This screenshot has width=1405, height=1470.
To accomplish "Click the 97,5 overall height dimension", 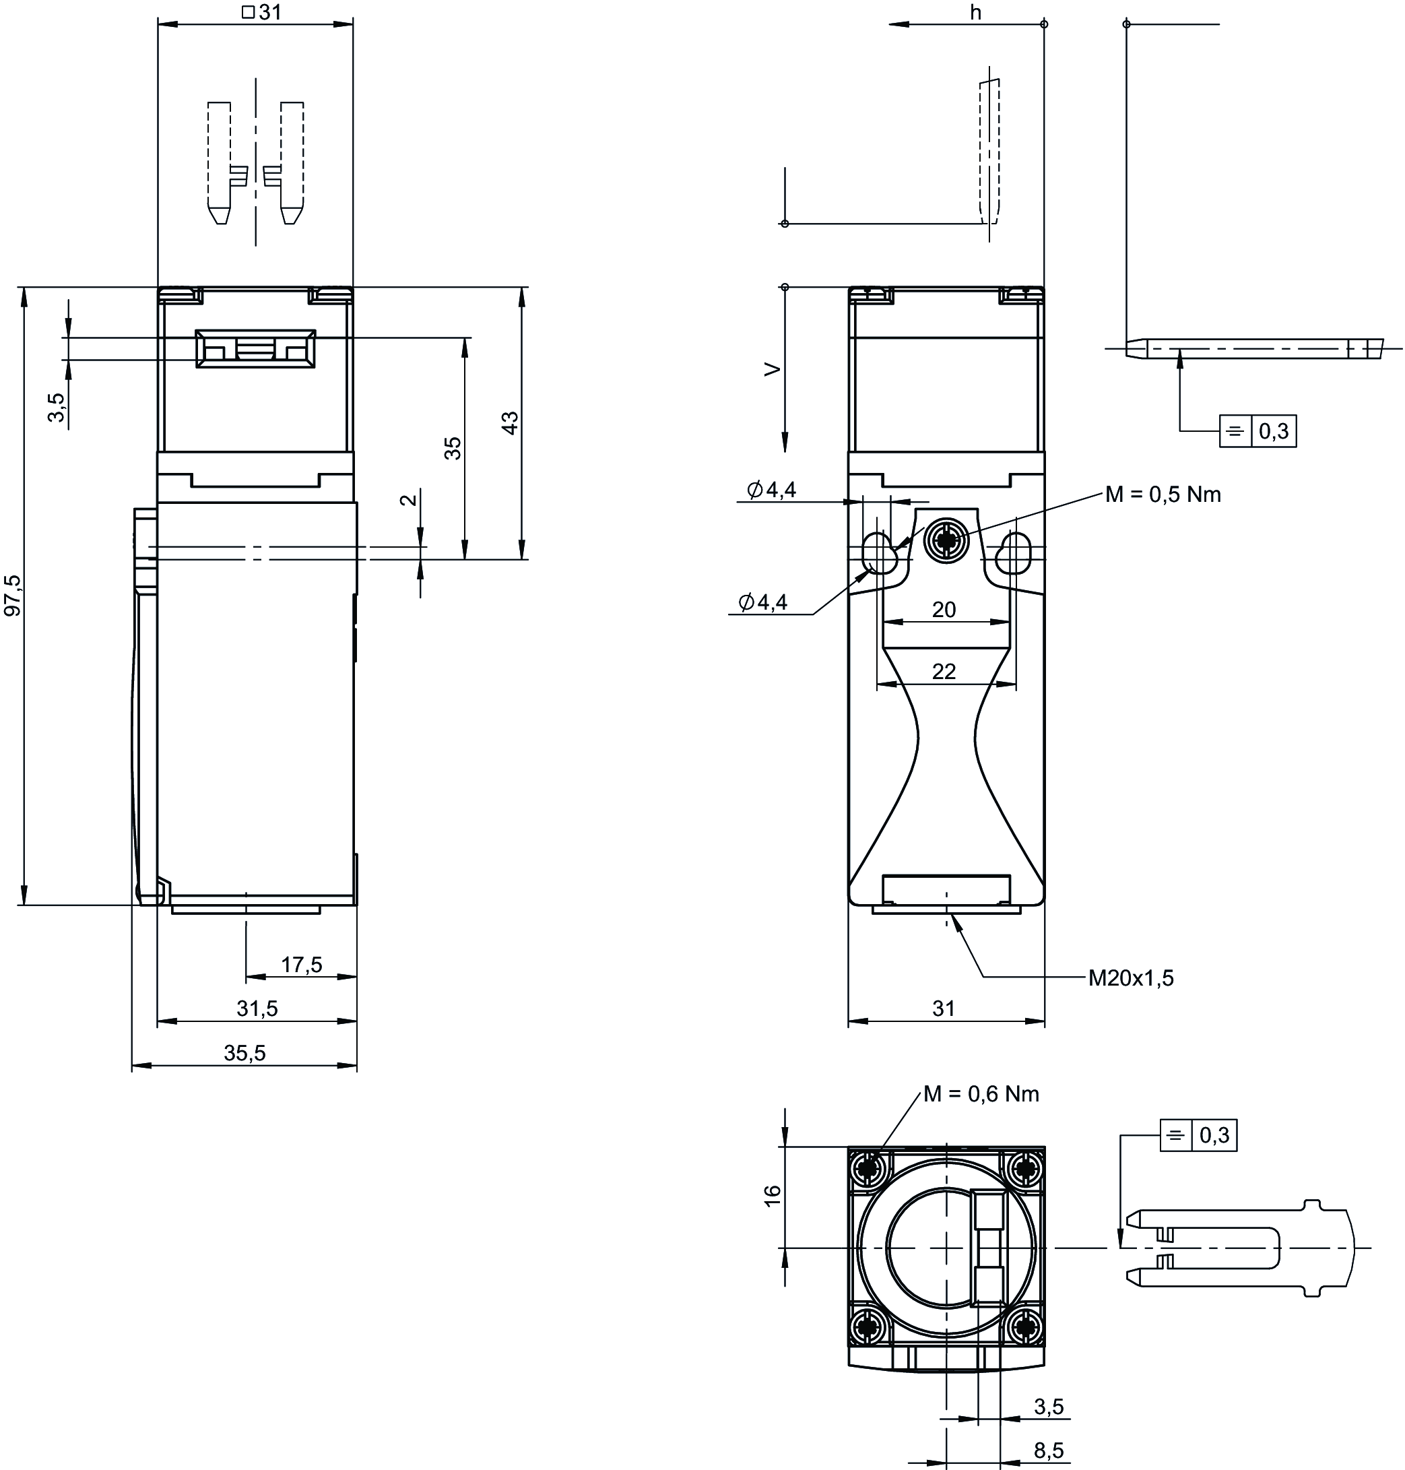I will tap(13, 595).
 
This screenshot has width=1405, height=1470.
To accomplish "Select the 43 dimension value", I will tap(510, 422).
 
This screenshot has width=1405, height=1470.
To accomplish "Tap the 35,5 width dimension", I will tap(245, 1053).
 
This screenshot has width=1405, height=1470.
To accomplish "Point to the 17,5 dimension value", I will tap(302, 964).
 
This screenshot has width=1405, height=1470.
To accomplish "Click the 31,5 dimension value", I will tap(257, 1009).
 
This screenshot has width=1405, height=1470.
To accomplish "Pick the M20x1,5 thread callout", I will tap(1131, 977).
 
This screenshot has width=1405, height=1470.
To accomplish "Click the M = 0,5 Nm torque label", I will tap(1163, 494).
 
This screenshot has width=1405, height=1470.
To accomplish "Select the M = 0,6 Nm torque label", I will tap(981, 1094).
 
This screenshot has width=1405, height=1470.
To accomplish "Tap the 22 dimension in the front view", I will tap(944, 671).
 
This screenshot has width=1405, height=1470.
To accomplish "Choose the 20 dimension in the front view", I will tap(944, 610).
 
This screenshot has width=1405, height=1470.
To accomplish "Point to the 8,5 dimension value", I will tap(1049, 1450).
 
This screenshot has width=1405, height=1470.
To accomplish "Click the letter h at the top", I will tap(975, 13).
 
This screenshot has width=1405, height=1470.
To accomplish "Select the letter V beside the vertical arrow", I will tap(772, 369).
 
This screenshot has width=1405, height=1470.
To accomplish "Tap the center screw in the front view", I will tap(946, 539).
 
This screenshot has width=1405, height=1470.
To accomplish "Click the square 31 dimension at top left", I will tap(261, 12).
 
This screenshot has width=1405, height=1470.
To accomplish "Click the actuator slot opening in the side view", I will tap(255, 349).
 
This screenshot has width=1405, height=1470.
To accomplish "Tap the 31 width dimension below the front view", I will tap(944, 1009).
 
